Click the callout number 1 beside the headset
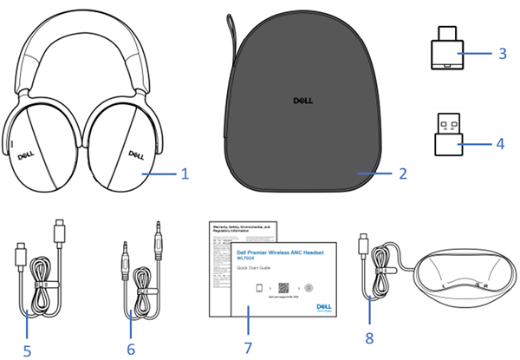click(185, 173)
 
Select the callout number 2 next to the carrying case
click(403, 173)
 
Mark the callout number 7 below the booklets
click(248, 347)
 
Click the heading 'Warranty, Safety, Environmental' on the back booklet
click(233, 231)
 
